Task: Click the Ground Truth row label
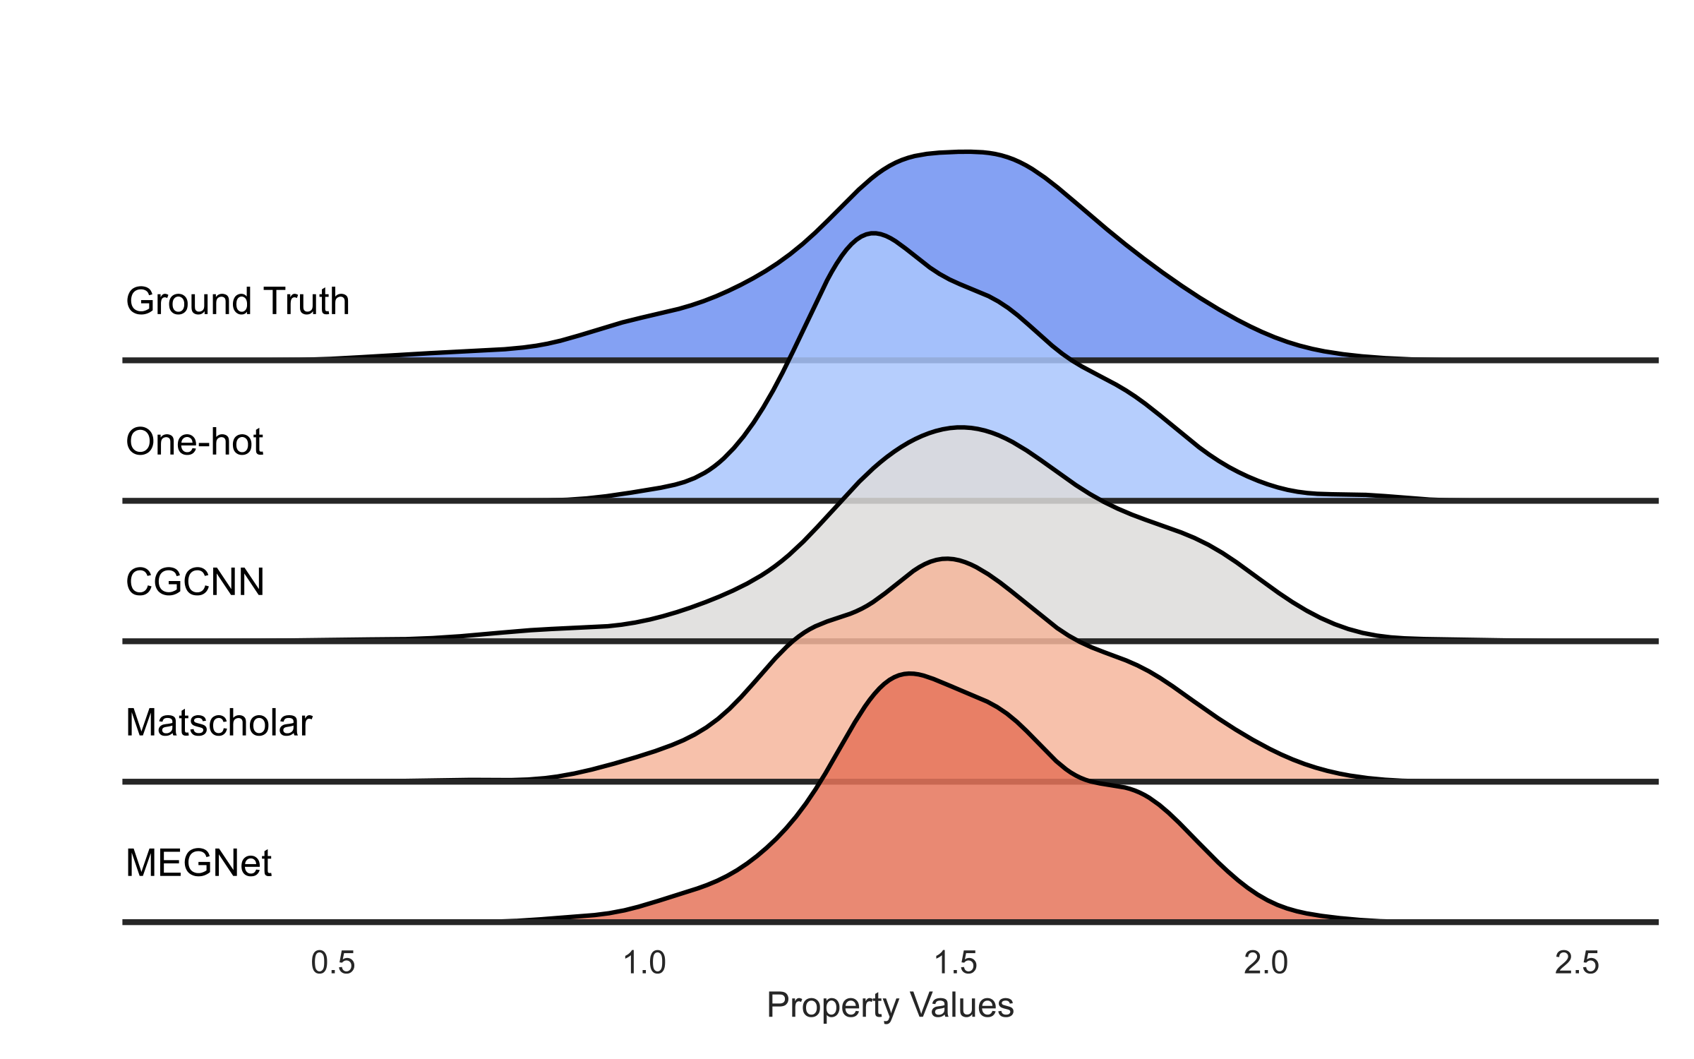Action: point(237,301)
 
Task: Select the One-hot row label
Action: point(194,442)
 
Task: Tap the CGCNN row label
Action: point(195,582)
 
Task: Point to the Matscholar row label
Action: point(219,723)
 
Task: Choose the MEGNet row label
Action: point(198,863)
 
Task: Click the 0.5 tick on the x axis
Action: point(333,963)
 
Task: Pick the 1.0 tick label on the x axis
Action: point(644,963)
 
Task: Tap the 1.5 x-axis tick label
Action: point(955,963)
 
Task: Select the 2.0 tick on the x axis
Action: point(1266,963)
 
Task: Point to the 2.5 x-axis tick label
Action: point(1577,963)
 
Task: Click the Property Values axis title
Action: point(890,1005)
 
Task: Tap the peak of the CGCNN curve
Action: point(960,427)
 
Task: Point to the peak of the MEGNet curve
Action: point(911,675)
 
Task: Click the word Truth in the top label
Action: point(308,301)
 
